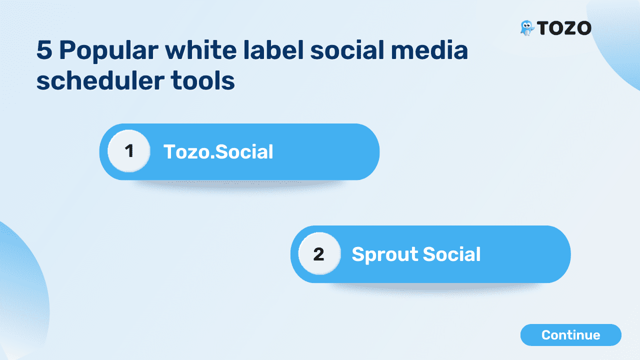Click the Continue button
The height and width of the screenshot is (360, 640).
571,335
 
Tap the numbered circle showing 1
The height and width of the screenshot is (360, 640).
129,151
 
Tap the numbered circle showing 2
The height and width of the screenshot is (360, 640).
319,253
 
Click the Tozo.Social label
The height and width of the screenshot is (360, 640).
218,151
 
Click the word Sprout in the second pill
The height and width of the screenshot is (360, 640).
384,254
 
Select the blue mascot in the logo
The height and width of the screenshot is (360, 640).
526,28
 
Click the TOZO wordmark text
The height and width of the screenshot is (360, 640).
564,28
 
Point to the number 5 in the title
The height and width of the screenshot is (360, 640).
44,50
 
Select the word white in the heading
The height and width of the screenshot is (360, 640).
201,50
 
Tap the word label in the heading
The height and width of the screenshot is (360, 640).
273,50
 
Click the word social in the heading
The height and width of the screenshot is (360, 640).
347,50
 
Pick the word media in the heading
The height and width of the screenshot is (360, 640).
429,50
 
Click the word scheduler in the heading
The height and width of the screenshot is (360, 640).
100,80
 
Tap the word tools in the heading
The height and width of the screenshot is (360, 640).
202,80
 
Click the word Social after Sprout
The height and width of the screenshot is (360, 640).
451,254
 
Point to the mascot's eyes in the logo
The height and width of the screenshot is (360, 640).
526,25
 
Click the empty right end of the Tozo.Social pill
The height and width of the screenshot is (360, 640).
343,151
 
